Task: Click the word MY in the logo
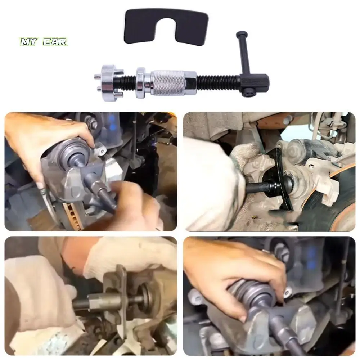click(29, 42)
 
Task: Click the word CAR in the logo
click(55, 42)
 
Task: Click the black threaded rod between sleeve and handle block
click(218, 81)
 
